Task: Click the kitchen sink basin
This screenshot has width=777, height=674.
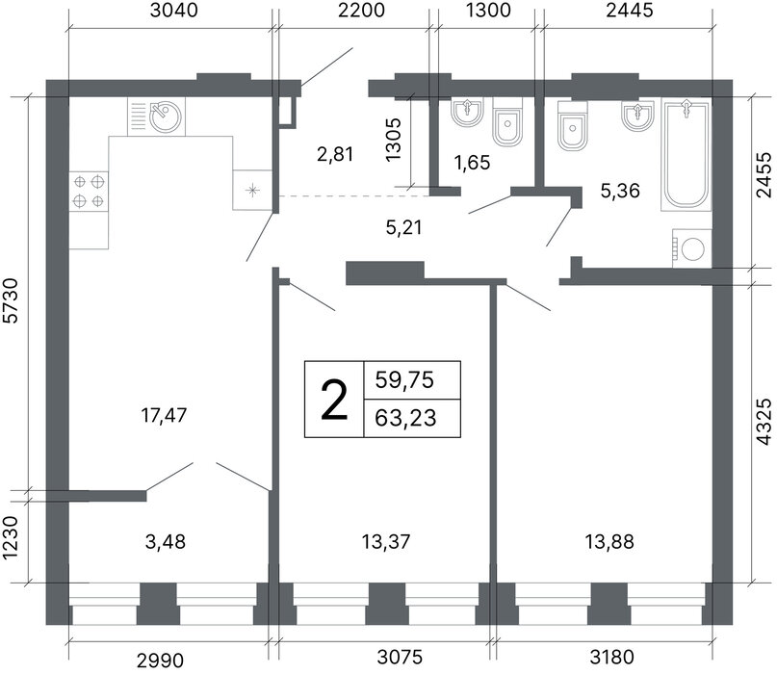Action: tap(166, 117)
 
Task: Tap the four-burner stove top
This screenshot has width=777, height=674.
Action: tap(89, 192)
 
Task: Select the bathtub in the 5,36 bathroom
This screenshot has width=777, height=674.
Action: tap(686, 154)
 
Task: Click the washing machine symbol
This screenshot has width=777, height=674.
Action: tap(691, 248)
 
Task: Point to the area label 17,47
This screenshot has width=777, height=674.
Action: tap(164, 415)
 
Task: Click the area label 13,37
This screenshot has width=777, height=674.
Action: tap(385, 542)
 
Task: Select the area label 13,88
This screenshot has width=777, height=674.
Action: tap(609, 542)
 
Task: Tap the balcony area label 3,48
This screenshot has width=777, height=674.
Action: tap(166, 542)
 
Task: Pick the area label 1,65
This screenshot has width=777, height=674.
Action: tap(472, 163)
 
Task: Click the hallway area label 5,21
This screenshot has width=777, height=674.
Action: tap(403, 227)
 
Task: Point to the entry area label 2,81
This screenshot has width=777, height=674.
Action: tap(335, 155)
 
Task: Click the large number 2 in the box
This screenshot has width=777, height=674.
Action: tap(334, 400)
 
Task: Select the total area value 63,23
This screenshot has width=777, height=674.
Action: tap(405, 418)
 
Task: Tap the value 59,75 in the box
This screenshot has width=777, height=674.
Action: tap(404, 380)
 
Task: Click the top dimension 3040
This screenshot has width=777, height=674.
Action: tap(174, 10)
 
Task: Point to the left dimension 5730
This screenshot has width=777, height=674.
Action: tap(10, 300)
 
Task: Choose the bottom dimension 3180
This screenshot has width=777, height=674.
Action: tap(612, 657)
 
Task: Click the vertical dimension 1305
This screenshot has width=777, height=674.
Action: tap(393, 140)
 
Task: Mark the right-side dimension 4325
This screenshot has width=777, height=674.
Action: tap(764, 422)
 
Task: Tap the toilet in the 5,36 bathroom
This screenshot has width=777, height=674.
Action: tap(572, 126)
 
